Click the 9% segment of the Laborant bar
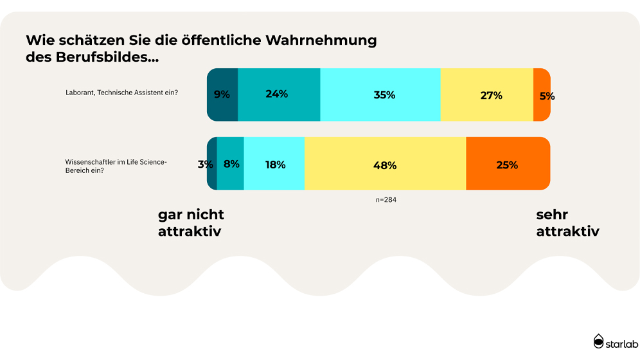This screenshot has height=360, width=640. tap(222, 94)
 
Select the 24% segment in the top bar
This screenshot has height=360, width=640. tap(279, 94)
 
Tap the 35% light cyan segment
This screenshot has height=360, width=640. tap(380, 94)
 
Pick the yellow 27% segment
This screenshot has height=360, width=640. tap(486, 94)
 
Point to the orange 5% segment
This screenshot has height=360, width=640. tap(542, 94)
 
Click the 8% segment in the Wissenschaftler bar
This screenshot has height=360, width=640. tap(231, 164)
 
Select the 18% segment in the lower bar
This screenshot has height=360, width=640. tap(274, 164)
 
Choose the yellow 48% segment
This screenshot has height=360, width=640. tap(385, 164)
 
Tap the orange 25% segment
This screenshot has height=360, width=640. tap(508, 164)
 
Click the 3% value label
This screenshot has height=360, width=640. tap(205, 165)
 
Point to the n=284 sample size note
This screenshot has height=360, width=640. tap(387, 200)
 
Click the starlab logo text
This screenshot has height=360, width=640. tap(621, 345)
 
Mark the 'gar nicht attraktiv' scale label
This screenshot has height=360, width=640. tap(191, 223)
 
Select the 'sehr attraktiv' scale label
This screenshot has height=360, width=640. tap(567, 223)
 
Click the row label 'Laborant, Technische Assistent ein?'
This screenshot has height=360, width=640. tap(121, 93)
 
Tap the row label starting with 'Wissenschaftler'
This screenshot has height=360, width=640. tap(116, 166)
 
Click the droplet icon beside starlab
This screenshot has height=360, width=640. tap(599, 341)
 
